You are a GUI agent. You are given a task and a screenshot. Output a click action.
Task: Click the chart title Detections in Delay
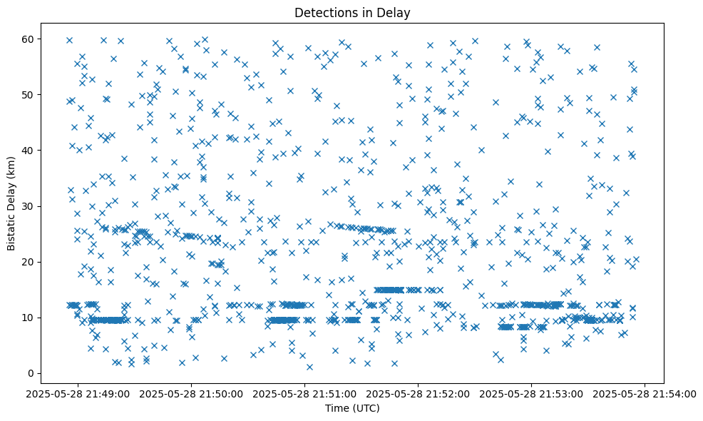tap(352, 12)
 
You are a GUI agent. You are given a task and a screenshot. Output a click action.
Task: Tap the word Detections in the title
tap(327, 12)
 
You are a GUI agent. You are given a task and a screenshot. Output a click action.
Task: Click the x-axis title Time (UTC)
tap(352, 408)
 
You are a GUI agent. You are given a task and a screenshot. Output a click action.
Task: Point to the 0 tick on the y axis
tap(31, 373)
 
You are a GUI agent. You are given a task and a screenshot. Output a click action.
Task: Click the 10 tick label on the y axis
tap(29, 318)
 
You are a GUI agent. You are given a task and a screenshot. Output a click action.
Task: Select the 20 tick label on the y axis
tap(29, 262)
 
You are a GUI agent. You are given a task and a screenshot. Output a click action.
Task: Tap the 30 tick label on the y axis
tap(29, 206)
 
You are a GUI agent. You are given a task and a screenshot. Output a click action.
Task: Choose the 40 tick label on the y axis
tap(29, 151)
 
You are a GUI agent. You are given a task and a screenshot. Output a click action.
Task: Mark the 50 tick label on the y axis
tap(29, 95)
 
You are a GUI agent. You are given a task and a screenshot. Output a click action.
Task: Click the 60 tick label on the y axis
tap(29, 39)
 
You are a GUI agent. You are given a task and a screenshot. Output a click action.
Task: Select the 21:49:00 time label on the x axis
tap(79, 393)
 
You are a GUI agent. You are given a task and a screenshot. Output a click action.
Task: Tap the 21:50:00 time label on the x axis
tap(193, 393)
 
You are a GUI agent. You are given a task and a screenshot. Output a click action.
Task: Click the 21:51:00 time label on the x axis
tap(306, 393)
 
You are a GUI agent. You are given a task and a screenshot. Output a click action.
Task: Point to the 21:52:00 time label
tap(419, 393)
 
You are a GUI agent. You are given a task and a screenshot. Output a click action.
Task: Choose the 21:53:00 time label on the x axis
tap(533, 393)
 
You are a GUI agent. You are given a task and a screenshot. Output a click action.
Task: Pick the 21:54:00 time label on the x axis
tap(645, 393)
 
